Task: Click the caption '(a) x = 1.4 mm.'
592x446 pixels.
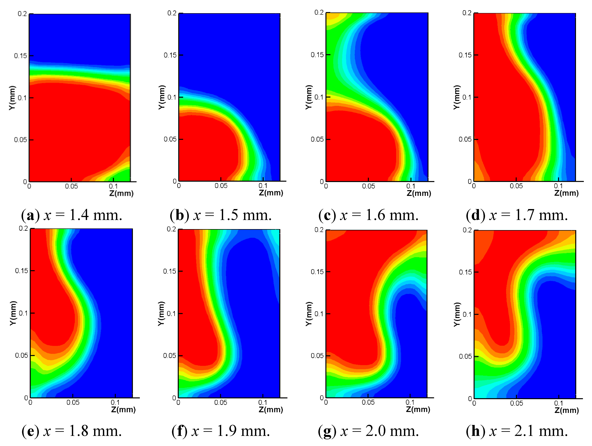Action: [x=72, y=215]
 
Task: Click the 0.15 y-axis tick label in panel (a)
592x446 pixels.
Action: [x=20, y=56]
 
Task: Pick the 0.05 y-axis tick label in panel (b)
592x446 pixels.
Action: [x=170, y=139]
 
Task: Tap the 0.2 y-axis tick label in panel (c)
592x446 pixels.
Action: [x=319, y=13]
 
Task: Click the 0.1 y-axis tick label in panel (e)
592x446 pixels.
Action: [x=23, y=313]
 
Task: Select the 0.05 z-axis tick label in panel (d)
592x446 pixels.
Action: [x=516, y=186]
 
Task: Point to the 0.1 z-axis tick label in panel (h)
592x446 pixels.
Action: [x=559, y=403]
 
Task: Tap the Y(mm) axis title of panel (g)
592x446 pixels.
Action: [x=309, y=314]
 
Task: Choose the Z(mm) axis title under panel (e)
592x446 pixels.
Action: [x=123, y=410]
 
